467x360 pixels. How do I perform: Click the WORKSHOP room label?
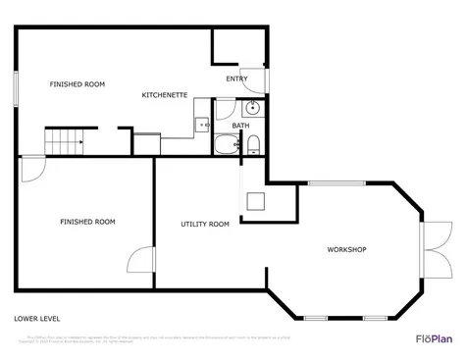pos(346,250)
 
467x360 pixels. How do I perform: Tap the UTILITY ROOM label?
pos(205,225)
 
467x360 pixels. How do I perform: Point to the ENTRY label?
pos(236,78)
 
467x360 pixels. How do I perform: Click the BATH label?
pos(240,126)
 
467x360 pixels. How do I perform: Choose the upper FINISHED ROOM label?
pos(78,84)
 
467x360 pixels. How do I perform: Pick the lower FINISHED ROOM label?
pos(87,222)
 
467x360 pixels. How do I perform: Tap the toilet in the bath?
pos(253,146)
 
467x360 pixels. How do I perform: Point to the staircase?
pos(67,141)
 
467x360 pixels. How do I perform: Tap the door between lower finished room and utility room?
pos(143,261)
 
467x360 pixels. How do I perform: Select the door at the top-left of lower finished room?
pos(32,167)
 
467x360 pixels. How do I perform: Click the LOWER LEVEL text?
pos(38,319)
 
